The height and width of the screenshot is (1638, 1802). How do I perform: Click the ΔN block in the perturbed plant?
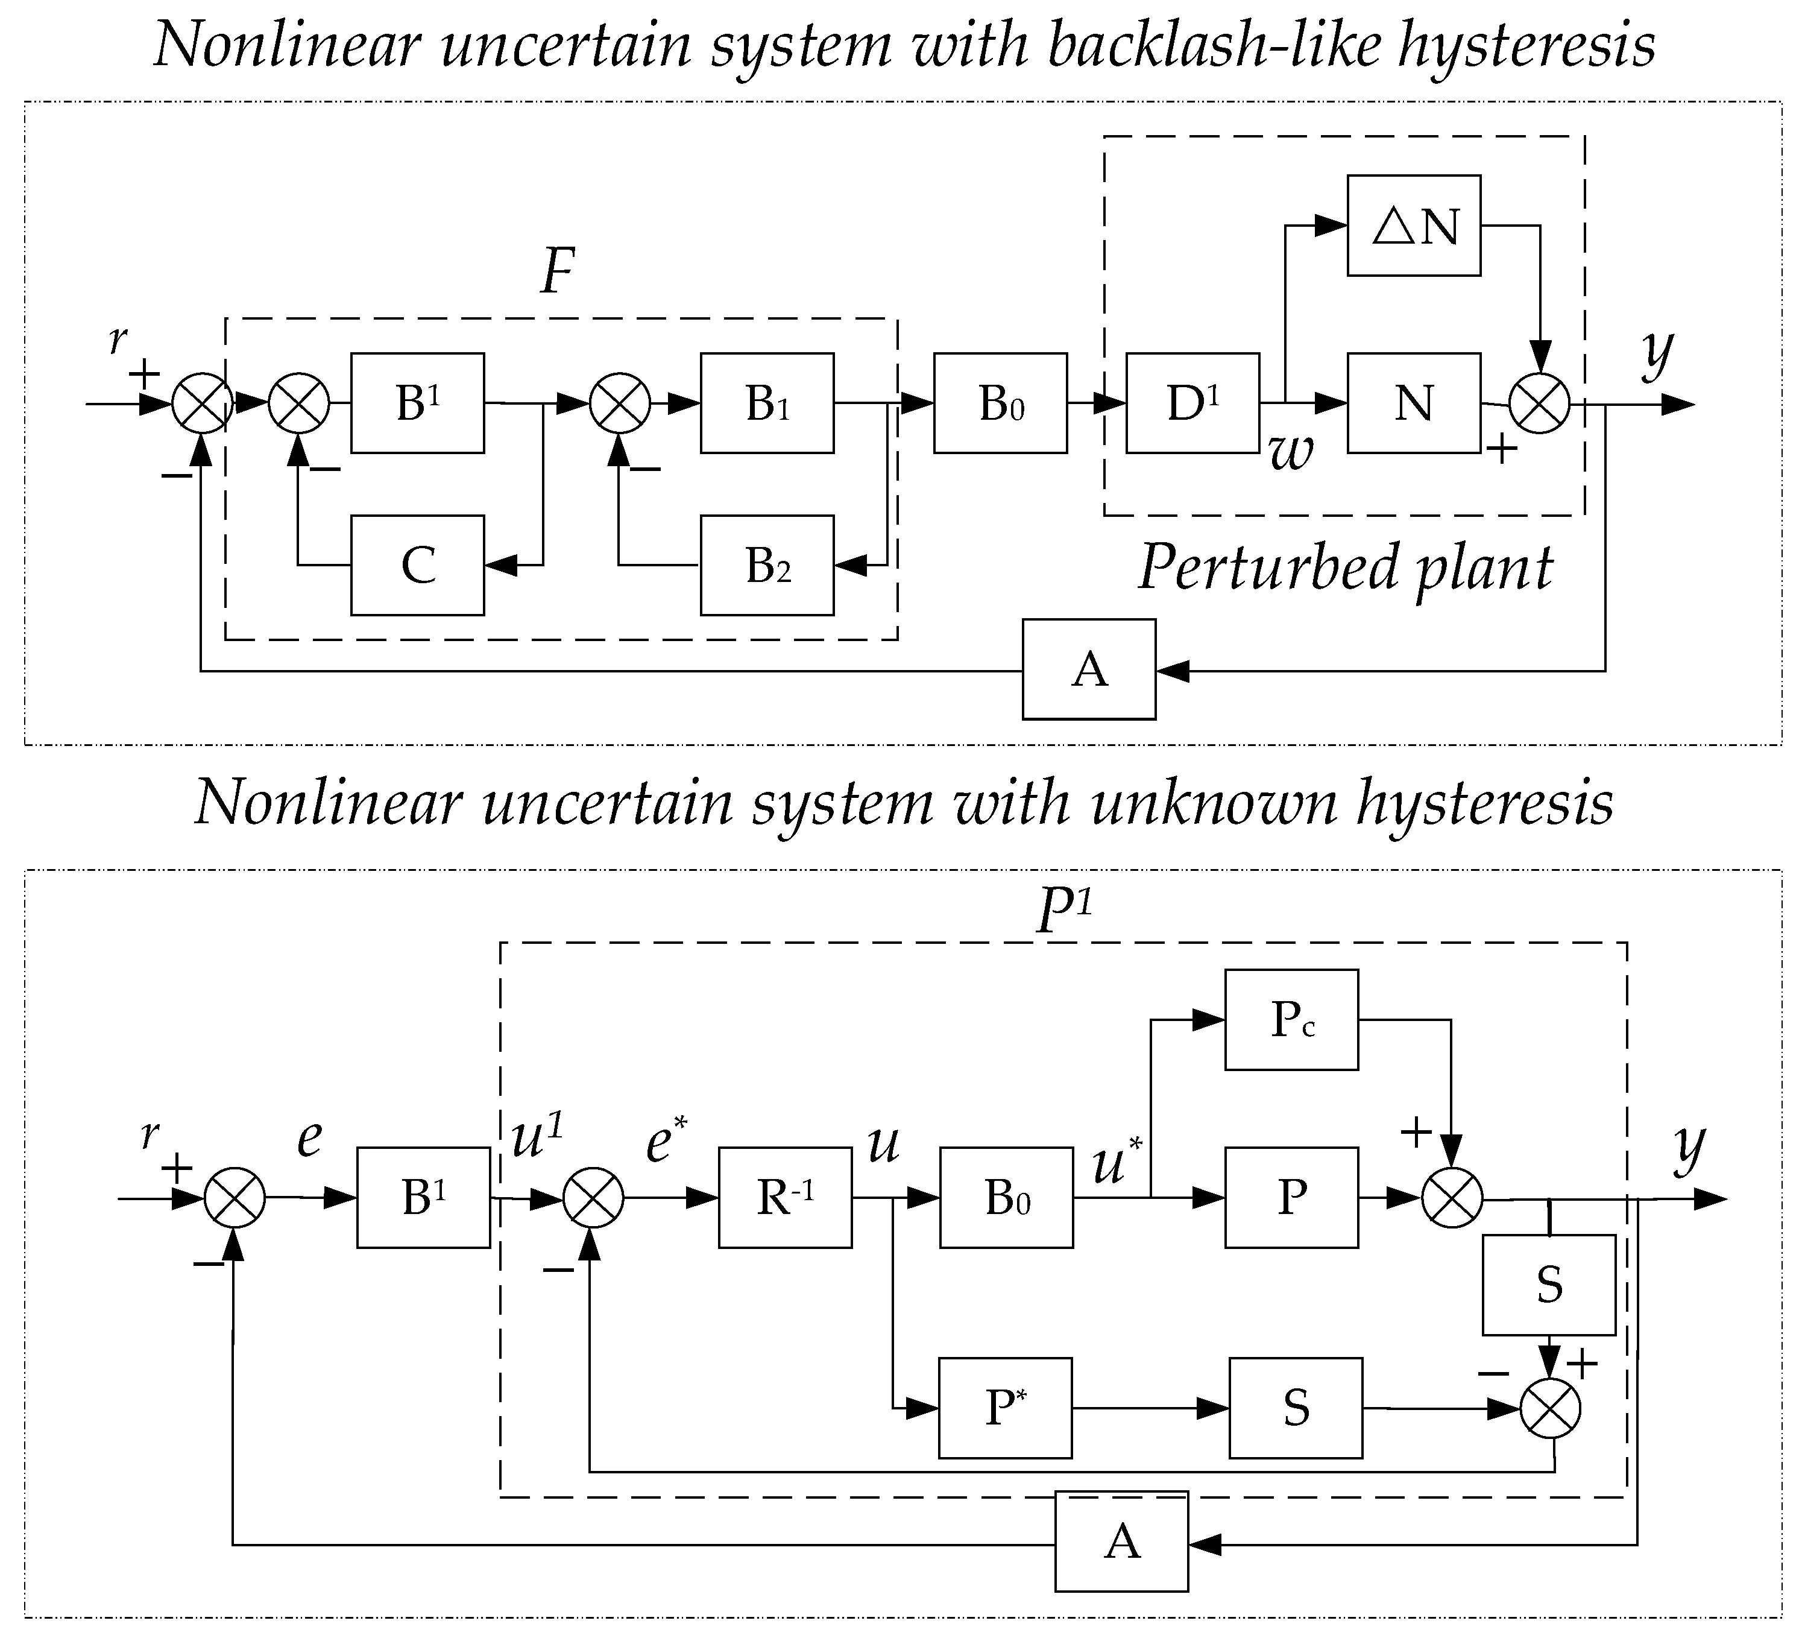click(1414, 226)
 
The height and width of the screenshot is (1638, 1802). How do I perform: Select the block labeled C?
click(417, 565)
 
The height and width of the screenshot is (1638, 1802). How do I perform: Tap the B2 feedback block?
click(767, 565)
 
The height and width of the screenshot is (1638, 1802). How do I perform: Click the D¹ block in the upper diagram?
click(1192, 403)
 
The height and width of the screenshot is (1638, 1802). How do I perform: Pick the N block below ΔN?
click(1414, 403)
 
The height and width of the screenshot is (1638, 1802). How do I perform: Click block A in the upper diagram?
click(1089, 669)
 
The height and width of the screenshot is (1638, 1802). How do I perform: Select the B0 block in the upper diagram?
click(1000, 403)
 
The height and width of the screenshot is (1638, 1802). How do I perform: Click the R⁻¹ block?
click(785, 1197)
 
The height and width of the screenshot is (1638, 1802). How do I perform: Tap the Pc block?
click(1291, 1019)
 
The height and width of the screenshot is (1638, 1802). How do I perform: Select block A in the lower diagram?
click(1122, 1542)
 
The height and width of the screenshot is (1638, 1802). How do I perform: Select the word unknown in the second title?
click(1214, 802)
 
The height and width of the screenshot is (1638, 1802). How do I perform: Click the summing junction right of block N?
click(1539, 404)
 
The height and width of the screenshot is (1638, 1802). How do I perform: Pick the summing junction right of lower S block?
click(1551, 1409)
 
